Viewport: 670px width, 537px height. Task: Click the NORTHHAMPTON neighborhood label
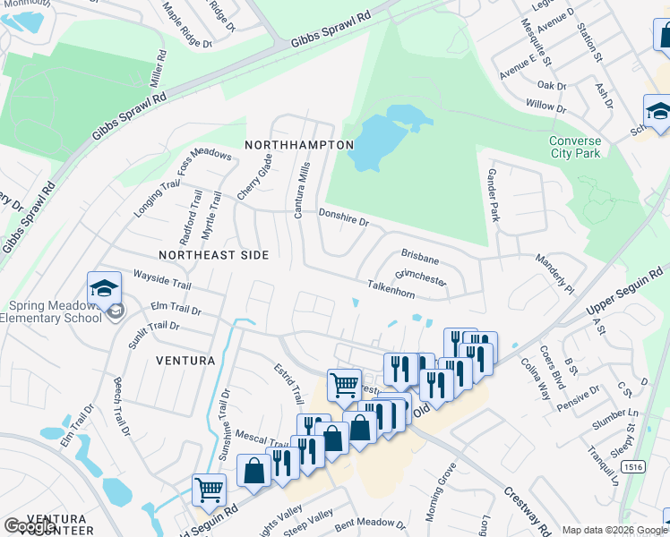pos(299,144)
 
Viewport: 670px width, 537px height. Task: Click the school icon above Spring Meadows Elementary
pos(105,289)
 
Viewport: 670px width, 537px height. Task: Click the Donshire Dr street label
pos(345,216)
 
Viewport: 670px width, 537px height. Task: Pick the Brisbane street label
pos(420,258)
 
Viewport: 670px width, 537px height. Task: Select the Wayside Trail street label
pos(162,278)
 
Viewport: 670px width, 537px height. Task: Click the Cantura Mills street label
pos(302,191)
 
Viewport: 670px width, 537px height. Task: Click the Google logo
pos(30,526)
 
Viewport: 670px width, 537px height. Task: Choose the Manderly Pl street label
pos(555,276)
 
